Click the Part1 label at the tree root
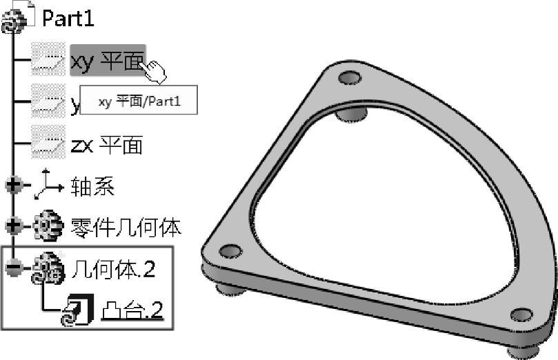(68, 18)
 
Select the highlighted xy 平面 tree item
(107, 60)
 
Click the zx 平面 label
(106, 145)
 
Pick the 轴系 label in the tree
(92, 186)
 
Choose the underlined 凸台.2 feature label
(132, 312)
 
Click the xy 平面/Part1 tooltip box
(139, 101)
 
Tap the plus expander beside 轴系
(14, 185)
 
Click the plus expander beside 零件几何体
(14, 226)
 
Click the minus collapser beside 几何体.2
(14, 268)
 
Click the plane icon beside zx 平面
(48, 145)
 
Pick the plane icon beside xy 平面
(48, 61)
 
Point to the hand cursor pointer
(155, 71)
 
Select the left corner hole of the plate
(230, 250)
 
